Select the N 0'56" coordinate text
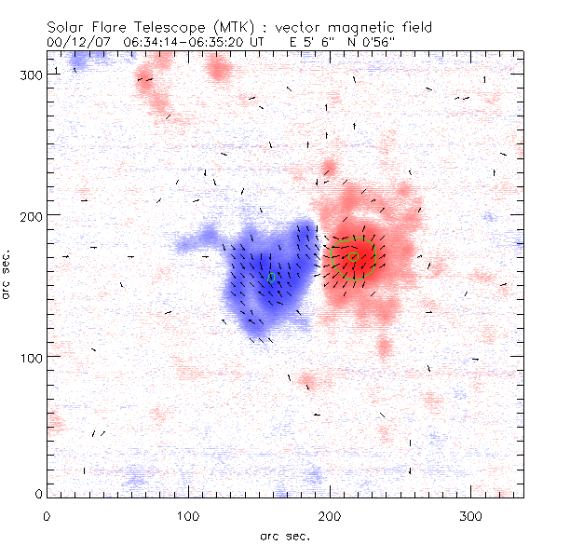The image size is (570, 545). tap(374, 43)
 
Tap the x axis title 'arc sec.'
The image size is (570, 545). tap(285, 536)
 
